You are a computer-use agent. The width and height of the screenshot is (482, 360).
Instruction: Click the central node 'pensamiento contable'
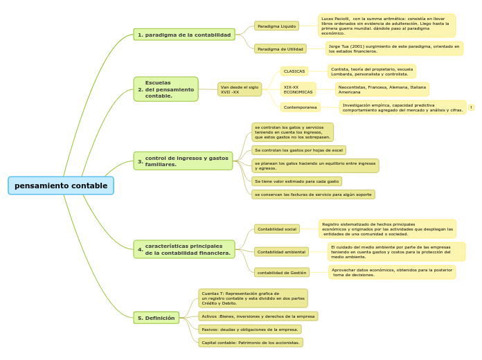coord(61,186)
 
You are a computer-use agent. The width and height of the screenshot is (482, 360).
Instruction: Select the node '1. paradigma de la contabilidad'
coord(184,35)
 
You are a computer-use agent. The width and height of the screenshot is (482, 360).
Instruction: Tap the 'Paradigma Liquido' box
coord(276,26)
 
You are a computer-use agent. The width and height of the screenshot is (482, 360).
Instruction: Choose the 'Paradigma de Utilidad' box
coord(280,49)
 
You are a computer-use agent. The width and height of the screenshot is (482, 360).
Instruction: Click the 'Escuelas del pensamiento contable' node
coord(166,89)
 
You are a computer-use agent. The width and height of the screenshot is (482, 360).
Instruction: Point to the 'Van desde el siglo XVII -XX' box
coord(240,89)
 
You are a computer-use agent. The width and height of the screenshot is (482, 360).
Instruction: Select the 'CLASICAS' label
coord(294,71)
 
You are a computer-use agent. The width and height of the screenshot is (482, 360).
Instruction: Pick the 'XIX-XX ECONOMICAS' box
coord(298,89)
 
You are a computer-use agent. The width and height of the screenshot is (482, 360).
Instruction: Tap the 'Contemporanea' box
coord(301,107)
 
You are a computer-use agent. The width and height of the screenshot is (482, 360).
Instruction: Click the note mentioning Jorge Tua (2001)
coord(394,48)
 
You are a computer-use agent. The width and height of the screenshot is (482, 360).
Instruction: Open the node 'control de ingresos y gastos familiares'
coord(183,161)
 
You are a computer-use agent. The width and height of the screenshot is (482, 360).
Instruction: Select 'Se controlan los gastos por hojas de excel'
coord(298,150)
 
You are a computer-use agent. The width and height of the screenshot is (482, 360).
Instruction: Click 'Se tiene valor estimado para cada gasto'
coord(296,181)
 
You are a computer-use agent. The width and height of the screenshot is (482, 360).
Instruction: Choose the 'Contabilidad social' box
coord(277,228)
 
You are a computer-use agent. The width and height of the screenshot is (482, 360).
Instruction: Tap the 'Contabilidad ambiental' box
coord(281,252)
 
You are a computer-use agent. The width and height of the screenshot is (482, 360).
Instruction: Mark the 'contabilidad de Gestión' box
coord(282,273)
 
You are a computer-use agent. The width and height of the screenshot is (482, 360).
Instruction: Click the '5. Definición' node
coord(157,318)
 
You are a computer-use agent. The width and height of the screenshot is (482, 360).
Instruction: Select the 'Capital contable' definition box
coord(251,343)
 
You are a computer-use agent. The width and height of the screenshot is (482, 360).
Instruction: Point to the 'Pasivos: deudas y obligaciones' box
coord(250,330)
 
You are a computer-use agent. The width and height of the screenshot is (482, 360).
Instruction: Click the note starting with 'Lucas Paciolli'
coord(386,26)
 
